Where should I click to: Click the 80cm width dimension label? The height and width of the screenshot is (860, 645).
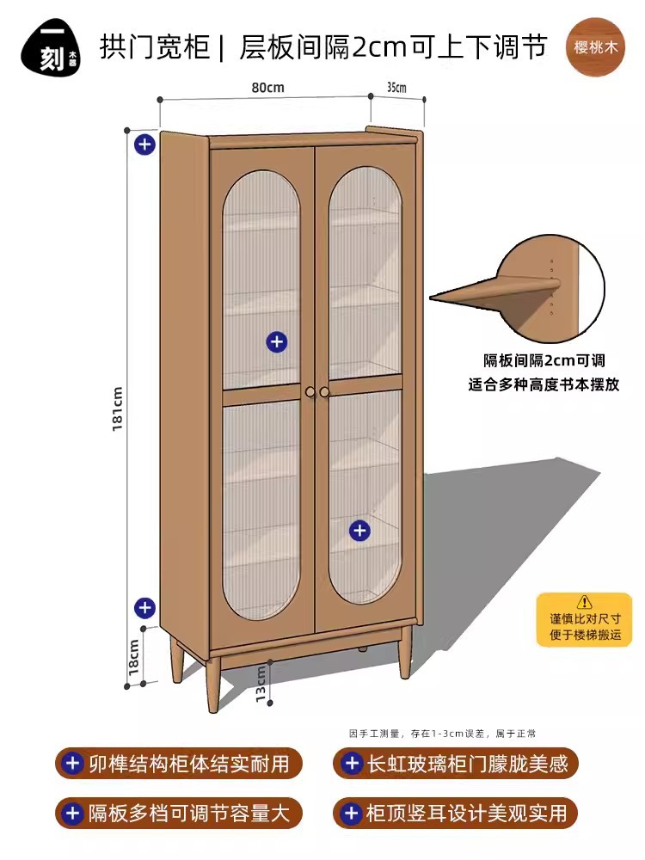268,87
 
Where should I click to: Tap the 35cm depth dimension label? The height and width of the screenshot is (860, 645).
396,87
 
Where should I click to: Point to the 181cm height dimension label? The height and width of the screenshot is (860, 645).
118,408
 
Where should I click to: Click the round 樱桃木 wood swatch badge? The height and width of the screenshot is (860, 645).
596,46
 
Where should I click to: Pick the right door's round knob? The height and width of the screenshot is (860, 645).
325,392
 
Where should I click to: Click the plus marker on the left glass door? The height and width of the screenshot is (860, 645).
276,342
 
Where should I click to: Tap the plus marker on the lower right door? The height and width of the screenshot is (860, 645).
359,531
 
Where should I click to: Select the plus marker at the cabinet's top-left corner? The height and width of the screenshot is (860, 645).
144,144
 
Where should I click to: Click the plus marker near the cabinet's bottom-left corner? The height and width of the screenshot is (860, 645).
144,608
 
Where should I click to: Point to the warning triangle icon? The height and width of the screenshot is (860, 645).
585,601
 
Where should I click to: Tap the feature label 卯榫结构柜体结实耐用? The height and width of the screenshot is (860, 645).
180,763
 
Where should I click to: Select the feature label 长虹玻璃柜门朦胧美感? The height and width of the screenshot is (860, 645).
457,763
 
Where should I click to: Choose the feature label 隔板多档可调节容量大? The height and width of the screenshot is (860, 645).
180,813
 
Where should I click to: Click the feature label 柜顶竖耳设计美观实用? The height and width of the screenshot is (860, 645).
457,813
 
